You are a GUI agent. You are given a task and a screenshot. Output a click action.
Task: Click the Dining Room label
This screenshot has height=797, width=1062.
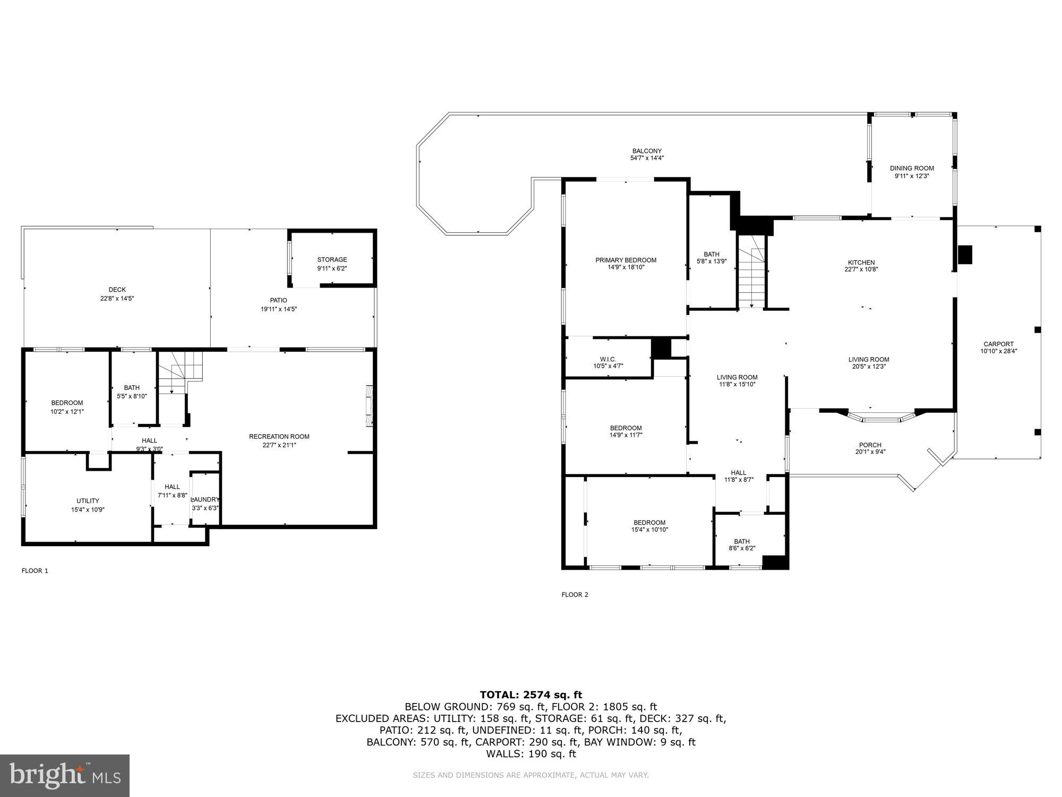coord(912,168)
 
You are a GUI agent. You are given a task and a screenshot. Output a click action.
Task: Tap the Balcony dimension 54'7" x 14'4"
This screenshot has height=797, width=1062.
coord(647,158)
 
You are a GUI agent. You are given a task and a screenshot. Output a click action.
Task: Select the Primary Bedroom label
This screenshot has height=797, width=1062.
coord(626,260)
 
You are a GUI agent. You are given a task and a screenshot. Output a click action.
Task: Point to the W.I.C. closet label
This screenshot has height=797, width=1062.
coord(607,359)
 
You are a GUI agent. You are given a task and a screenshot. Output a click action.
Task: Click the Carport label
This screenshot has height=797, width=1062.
coord(998,344)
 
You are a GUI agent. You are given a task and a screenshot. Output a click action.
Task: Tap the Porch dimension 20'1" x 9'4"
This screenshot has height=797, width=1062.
coord(870,452)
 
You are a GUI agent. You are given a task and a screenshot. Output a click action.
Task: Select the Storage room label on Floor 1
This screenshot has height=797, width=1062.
coord(332,260)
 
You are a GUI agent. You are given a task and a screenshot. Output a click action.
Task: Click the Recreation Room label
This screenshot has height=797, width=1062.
coord(279,437)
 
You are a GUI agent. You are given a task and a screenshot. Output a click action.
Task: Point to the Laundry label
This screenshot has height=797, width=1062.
coord(205,499)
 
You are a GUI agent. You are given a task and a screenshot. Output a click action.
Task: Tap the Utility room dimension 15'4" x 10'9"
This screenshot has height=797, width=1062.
coord(88,510)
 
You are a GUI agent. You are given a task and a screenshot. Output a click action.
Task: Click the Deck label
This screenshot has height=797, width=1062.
coord(117,290)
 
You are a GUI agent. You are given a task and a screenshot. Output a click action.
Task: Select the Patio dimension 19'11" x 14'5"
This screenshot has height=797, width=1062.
coord(278,309)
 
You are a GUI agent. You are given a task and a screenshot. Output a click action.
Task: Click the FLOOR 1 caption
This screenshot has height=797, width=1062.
coord(35,571)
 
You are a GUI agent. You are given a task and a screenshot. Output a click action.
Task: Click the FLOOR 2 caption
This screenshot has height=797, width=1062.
coord(575,595)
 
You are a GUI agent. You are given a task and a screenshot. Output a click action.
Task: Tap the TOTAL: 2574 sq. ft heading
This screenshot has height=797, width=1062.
coord(530,694)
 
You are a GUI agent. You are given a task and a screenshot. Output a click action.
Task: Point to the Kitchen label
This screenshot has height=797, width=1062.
coord(861,262)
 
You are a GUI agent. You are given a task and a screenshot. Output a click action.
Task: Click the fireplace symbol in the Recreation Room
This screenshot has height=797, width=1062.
coord(369,405)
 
